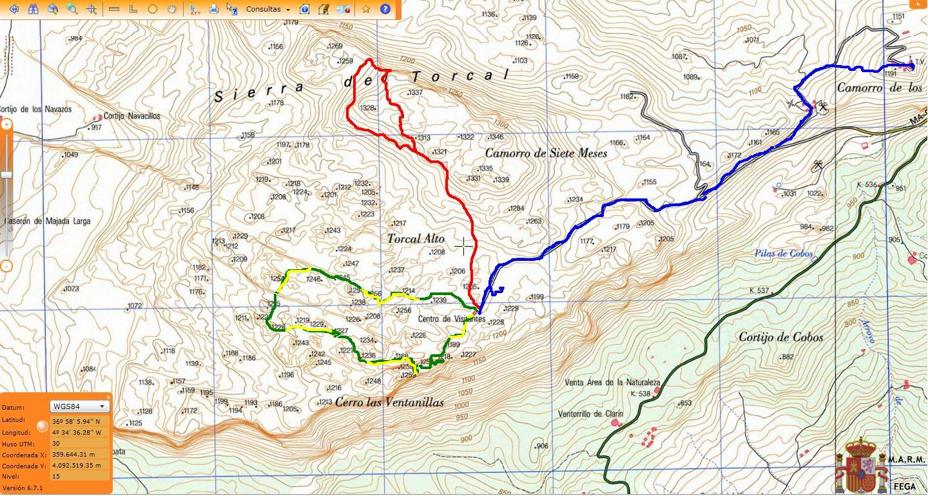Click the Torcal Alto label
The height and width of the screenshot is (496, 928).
[x=416, y=239]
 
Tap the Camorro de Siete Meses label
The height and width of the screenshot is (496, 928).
[x=546, y=153]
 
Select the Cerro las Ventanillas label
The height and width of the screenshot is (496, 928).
[x=389, y=403]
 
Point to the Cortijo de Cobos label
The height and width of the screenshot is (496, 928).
[x=780, y=338]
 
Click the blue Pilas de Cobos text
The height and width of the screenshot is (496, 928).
[x=784, y=254]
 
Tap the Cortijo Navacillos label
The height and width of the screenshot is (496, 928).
[x=131, y=117]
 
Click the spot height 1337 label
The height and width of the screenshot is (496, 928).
[x=416, y=93]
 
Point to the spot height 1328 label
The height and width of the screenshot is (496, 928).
[x=367, y=108]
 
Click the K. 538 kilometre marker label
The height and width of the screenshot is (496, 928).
[x=641, y=394]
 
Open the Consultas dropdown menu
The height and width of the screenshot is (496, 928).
[x=267, y=9]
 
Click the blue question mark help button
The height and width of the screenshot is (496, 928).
[x=385, y=9]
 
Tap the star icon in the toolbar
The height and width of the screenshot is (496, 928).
[x=366, y=9]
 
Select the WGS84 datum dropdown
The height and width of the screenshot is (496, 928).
[x=80, y=406]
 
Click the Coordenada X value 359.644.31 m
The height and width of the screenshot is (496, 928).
[x=73, y=454]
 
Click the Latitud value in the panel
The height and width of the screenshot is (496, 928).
[x=76, y=422]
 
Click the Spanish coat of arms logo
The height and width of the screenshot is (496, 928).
[x=860, y=465]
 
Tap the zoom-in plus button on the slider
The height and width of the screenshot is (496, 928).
[x=6, y=124]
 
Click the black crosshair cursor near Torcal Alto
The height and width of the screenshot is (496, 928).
[x=463, y=246]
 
